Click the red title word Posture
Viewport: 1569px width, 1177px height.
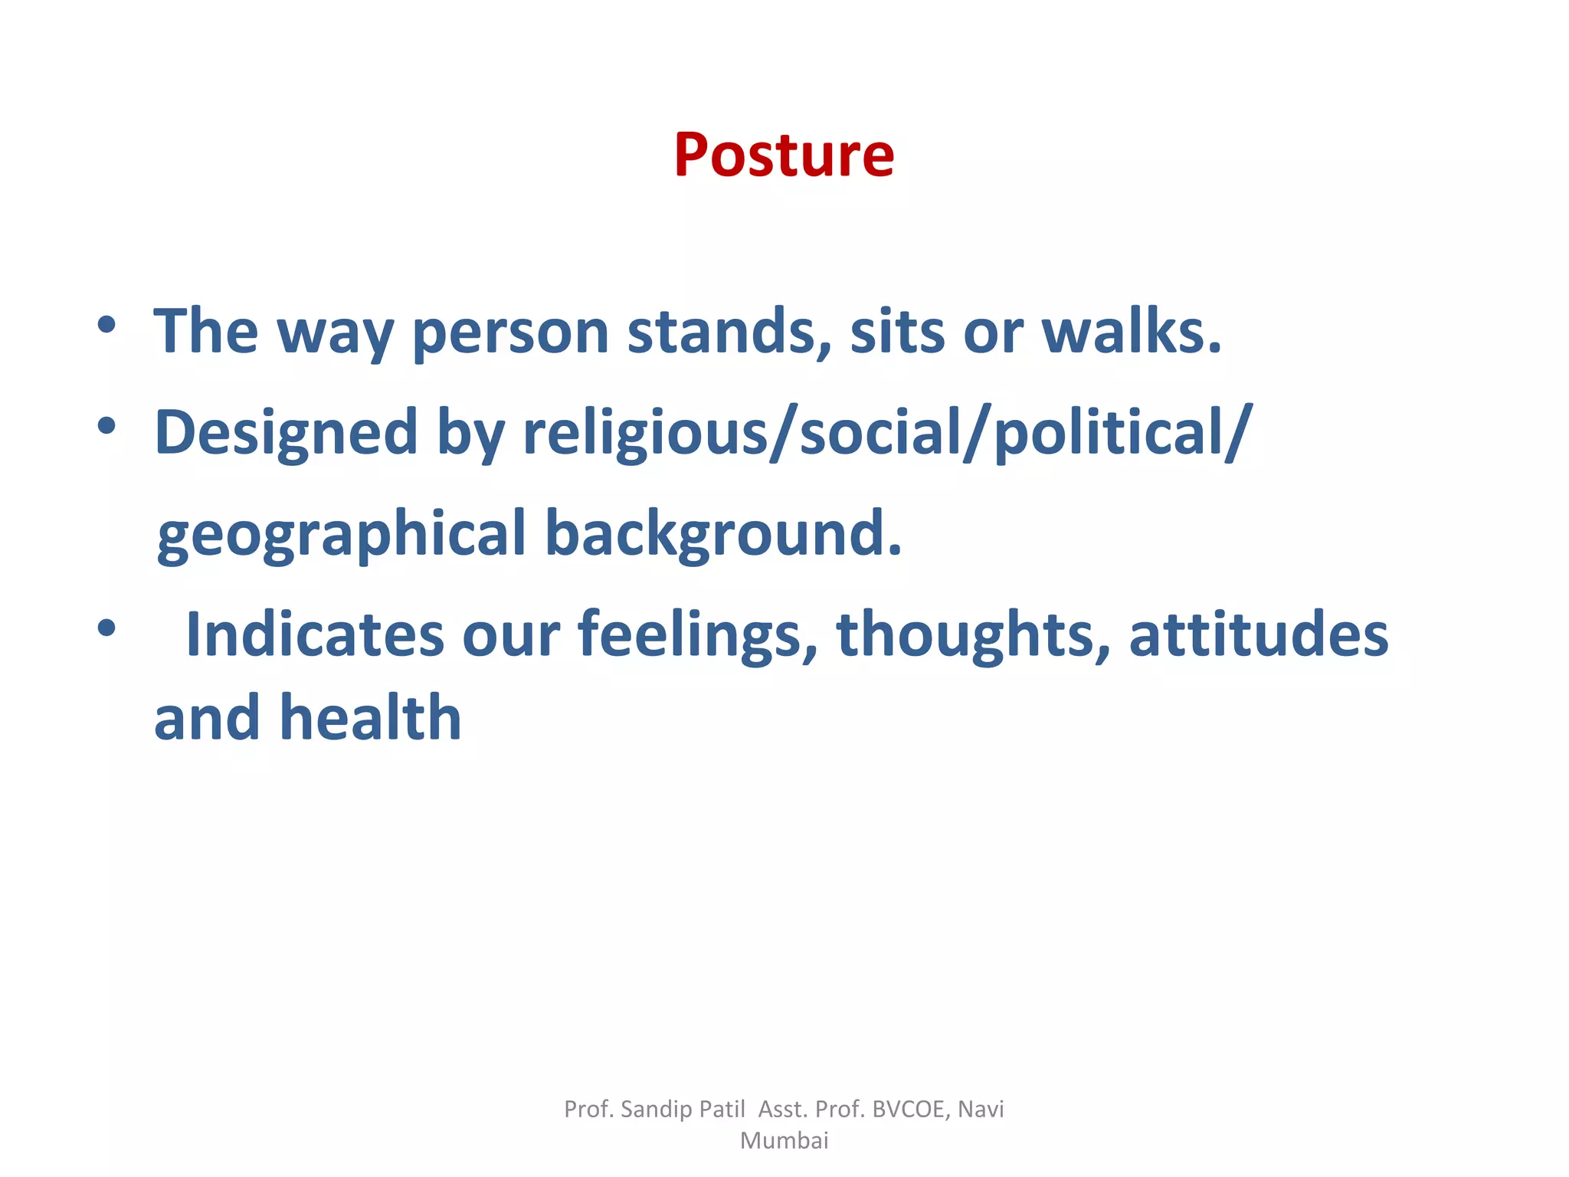coord(784,156)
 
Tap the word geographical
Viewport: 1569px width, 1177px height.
coord(341,535)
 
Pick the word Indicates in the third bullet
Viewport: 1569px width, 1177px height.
coord(314,634)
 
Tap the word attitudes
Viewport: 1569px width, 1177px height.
coord(1258,634)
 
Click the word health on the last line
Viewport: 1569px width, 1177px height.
coord(371,718)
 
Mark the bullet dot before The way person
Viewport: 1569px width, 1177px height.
coord(106,325)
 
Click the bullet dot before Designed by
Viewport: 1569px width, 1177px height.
coord(106,425)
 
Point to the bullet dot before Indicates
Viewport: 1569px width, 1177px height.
coord(106,628)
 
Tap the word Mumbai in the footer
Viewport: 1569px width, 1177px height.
coord(784,1140)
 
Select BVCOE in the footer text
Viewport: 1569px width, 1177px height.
coord(909,1109)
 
